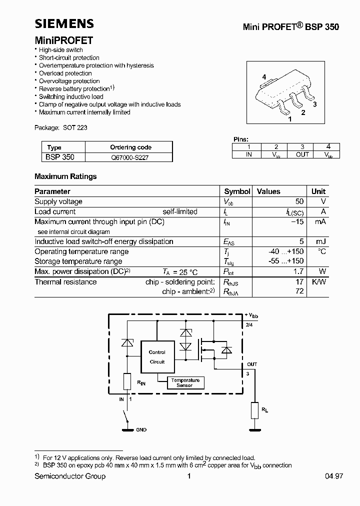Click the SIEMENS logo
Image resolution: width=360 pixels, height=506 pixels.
click(x=64, y=23)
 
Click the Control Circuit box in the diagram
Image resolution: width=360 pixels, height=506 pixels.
click(x=157, y=357)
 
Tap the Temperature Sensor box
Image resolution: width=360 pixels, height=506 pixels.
click(x=185, y=382)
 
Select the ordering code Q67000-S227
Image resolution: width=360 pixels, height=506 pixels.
click(x=130, y=157)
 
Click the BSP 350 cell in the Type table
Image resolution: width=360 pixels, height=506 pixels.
click(x=60, y=157)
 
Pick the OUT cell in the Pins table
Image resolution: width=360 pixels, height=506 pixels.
click(x=302, y=154)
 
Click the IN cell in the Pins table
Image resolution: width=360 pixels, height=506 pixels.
click(x=248, y=154)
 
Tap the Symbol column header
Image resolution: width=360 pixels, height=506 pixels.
click(x=237, y=191)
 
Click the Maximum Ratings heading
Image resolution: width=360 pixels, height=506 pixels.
click(x=65, y=176)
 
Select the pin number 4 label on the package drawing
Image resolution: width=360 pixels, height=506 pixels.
click(x=264, y=76)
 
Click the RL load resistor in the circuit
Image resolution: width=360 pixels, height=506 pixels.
click(x=255, y=411)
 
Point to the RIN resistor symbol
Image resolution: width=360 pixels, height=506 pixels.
click(x=127, y=382)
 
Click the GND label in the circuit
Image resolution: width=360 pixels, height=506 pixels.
click(x=141, y=429)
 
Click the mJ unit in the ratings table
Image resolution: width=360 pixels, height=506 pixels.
click(x=320, y=241)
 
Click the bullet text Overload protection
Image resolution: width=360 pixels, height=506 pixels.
click(x=65, y=73)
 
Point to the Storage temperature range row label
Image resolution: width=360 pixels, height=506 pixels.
click(x=78, y=261)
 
